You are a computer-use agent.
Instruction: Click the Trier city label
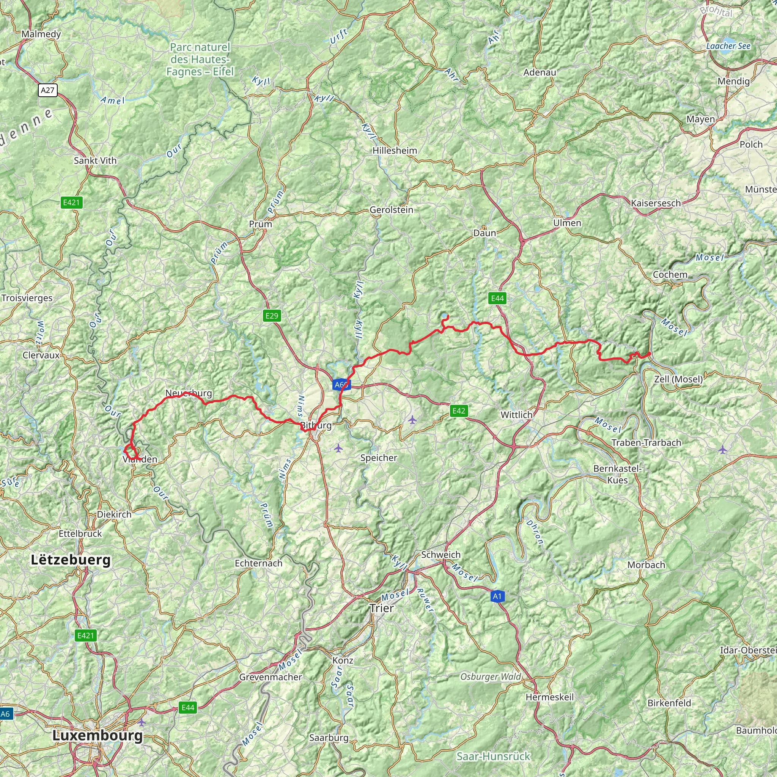click(x=382, y=608)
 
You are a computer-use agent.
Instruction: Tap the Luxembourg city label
click(x=98, y=735)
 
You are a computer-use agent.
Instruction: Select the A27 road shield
click(x=47, y=90)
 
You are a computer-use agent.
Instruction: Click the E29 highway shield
click(x=272, y=315)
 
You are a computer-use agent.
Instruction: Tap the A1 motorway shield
click(x=497, y=596)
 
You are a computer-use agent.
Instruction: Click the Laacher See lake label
click(x=728, y=46)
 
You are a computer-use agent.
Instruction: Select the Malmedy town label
click(x=41, y=34)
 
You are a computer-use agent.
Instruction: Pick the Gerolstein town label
click(x=391, y=209)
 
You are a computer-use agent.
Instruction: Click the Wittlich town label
click(x=516, y=415)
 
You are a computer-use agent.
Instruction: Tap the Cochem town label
click(x=670, y=274)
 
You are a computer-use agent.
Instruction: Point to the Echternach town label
click(x=259, y=563)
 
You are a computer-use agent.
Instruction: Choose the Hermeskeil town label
click(x=550, y=697)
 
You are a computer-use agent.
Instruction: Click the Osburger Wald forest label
click(x=491, y=676)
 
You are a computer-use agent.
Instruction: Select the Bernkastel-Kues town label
click(x=617, y=474)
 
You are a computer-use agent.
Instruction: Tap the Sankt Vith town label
click(x=95, y=160)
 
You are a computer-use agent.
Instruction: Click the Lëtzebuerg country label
click(x=71, y=560)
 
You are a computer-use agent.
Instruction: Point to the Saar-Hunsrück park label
click(x=494, y=756)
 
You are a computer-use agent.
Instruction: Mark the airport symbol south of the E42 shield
click(x=412, y=420)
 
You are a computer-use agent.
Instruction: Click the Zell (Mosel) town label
click(x=678, y=379)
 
